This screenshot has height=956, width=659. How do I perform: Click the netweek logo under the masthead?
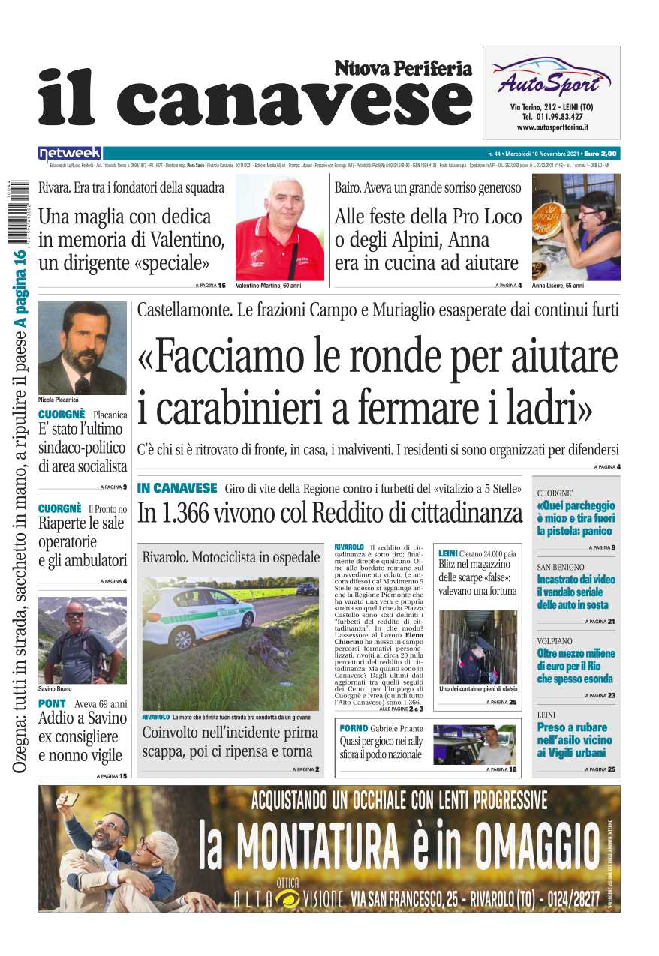70,153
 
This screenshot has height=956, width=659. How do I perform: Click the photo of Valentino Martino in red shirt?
279,228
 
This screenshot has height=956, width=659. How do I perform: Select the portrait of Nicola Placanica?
83,348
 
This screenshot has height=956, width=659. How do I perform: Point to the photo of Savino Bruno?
83,640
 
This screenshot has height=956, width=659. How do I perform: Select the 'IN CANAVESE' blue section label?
177,488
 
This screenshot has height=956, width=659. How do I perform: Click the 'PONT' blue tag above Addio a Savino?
53,703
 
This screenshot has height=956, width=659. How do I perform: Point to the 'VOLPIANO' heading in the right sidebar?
555,641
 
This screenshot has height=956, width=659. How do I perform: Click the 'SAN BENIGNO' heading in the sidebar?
561,567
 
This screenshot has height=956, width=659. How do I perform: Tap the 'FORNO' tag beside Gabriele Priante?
354,728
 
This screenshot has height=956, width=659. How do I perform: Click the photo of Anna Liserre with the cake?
576,227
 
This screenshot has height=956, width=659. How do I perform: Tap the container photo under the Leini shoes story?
477,646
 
